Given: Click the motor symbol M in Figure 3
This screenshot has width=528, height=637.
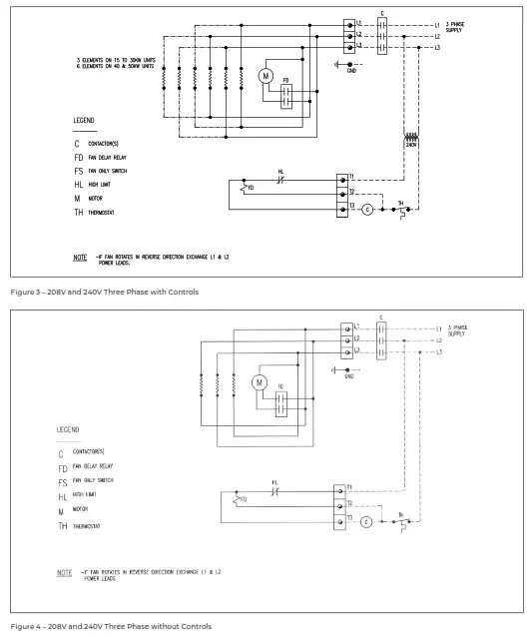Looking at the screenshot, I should pyautogui.click(x=265, y=76).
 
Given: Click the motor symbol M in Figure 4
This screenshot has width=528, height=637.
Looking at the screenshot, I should pyautogui.click(x=260, y=382).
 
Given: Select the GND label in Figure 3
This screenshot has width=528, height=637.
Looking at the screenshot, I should pyautogui.click(x=351, y=71).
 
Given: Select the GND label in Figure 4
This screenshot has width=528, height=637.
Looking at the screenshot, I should pyautogui.click(x=348, y=376).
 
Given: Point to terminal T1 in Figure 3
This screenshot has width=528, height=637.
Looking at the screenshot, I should pyautogui.click(x=350, y=176).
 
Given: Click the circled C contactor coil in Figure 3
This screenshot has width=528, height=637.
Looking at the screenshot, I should pyautogui.click(x=366, y=210).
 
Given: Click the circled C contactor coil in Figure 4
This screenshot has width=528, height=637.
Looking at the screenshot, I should pyautogui.click(x=365, y=521).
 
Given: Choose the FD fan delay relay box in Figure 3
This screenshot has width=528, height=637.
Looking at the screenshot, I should pyautogui.click(x=285, y=95).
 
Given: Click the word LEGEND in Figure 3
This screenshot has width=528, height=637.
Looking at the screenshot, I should pyautogui.click(x=84, y=120).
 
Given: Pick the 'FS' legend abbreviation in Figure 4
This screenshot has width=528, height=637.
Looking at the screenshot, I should pyautogui.click(x=63, y=481).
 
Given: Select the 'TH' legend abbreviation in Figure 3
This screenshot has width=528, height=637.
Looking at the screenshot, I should pyautogui.click(x=78, y=213).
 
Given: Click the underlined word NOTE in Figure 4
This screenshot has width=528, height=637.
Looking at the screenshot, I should pyautogui.click(x=65, y=573).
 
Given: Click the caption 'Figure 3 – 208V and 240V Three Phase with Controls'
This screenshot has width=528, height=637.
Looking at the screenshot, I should pyautogui.click(x=104, y=292).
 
